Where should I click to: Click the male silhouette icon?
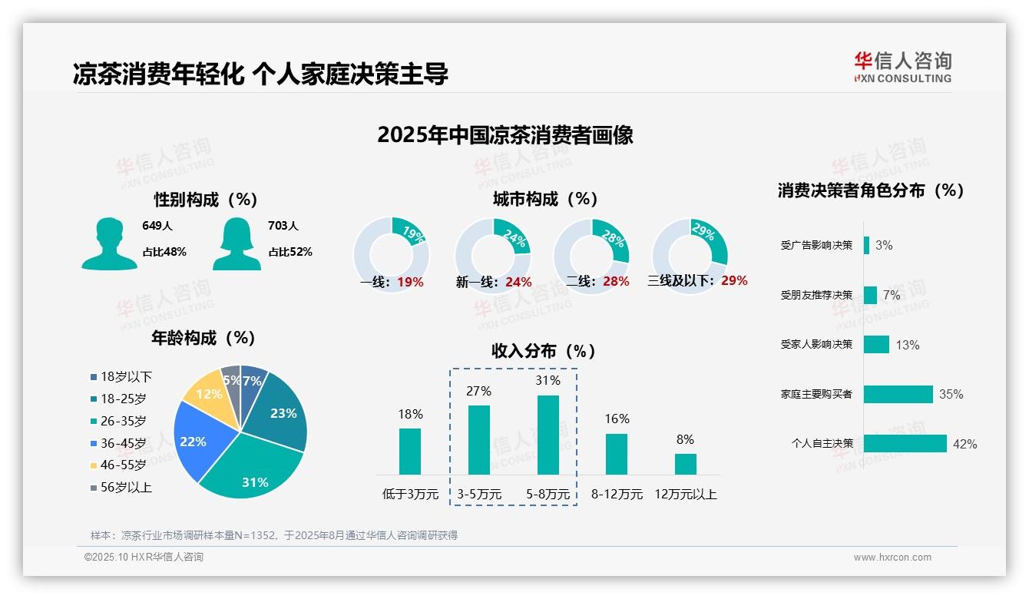(x=109, y=244)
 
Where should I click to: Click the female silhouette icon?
(x=237, y=244)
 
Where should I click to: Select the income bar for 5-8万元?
(x=548, y=435)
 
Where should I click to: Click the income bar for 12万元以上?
(x=685, y=464)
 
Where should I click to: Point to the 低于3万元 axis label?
(x=410, y=495)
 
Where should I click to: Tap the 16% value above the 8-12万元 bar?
(x=617, y=419)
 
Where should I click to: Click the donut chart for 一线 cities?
(x=392, y=255)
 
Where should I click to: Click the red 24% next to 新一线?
(x=518, y=283)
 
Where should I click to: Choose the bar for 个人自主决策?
(x=905, y=444)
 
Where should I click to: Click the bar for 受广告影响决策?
(x=866, y=245)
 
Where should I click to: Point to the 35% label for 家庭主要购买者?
(x=951, y=395)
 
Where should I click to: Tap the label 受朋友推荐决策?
(x=816, y=296)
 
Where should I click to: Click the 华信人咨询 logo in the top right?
(x=902, y=67)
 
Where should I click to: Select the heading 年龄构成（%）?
(x=203, y=338)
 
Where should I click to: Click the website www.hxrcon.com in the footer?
(x=892, y=558)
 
